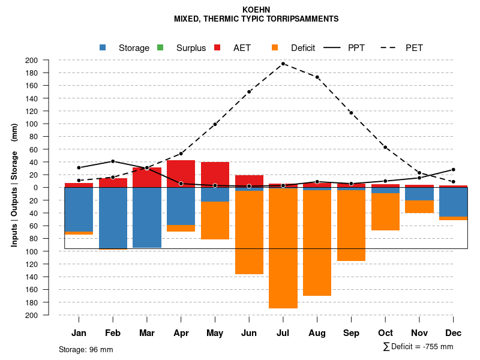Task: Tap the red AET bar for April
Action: tap(181, 173)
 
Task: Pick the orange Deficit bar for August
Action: tap(317, 243)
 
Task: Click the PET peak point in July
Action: tap(283, 64)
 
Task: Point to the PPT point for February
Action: tap(113, 161)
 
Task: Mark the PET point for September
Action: tap(351, 113)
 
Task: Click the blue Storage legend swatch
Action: tap(103, 47)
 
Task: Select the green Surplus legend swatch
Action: tap(160, 47)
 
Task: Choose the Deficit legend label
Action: tap(303, 48)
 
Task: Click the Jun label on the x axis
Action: tap(249, 333)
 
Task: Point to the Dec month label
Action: tap(454, 333)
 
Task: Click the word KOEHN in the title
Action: tap(256, 10)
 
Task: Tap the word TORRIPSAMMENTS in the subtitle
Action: tap(303, 19)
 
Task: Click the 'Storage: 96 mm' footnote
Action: tap(86, 349)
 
